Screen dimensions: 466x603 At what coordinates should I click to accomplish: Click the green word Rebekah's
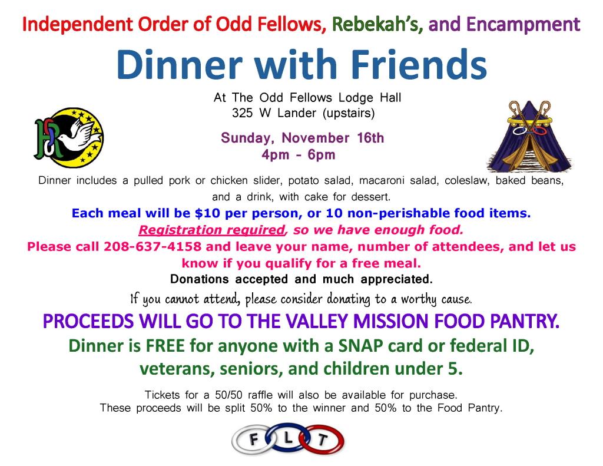(x=377, y=25)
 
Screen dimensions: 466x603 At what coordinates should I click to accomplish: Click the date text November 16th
(x=333, y=138)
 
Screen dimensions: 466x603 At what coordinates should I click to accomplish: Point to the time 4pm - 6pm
(x=299, y=155)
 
